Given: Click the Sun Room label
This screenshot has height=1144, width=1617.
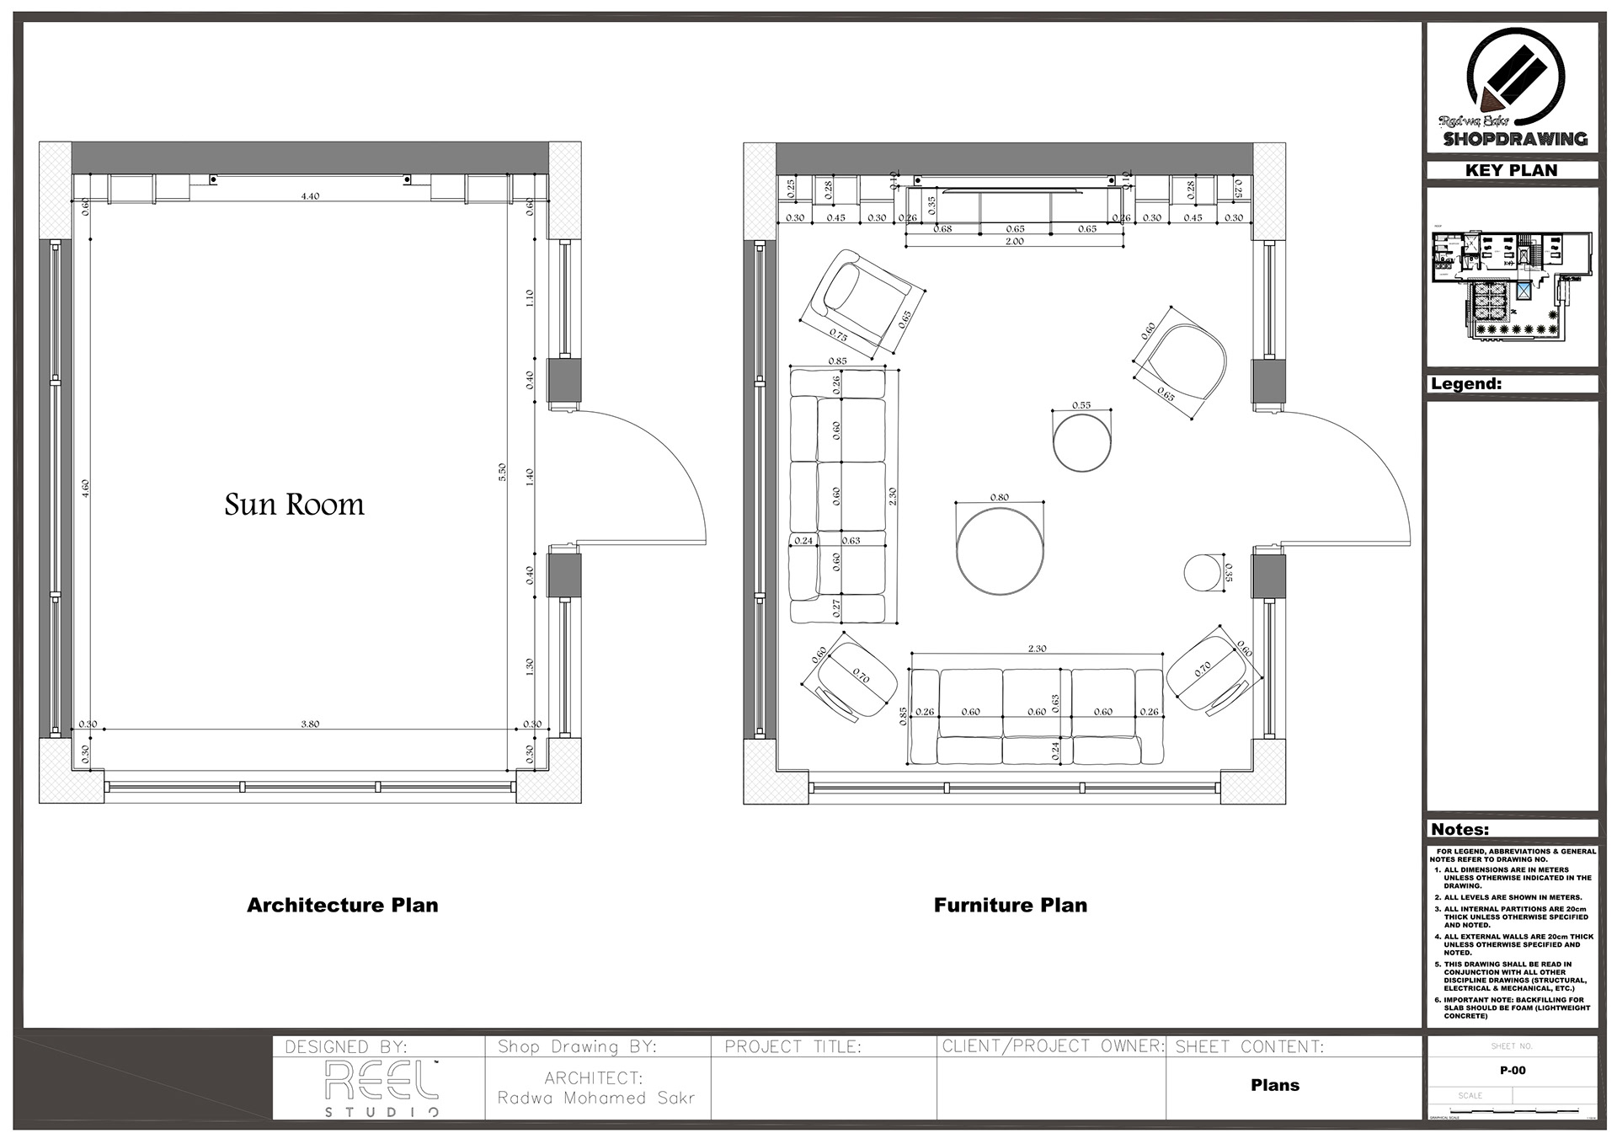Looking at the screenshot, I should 294,505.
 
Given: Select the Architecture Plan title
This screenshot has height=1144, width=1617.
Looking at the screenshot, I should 342,905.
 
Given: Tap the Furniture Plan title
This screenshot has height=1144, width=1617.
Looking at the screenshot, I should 1010,905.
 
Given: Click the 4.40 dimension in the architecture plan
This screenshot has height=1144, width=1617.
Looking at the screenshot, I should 310,195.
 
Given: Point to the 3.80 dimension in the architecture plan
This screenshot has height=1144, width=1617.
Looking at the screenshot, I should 310,724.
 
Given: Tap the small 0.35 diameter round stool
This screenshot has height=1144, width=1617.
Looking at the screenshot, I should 1202,573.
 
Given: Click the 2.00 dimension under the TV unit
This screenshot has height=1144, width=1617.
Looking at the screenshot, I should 1014,241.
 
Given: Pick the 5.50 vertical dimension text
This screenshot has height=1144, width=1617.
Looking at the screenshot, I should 502,472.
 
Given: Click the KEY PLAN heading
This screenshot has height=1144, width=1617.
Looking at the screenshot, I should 1511,170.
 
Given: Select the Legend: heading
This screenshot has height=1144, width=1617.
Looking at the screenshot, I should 1465,383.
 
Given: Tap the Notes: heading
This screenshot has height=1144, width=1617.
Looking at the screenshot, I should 1460,829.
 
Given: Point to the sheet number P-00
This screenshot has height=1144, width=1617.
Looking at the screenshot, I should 1512,1071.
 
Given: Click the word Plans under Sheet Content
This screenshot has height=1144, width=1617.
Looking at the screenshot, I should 1274,1085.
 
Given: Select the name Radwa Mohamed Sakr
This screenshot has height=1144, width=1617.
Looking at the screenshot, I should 596,1099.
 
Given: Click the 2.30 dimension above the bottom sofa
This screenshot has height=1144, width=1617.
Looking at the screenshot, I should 1037,649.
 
